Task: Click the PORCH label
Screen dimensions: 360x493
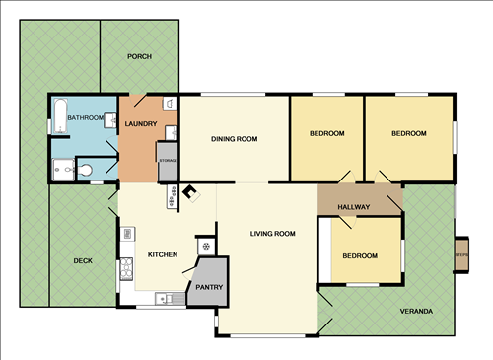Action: pyautogui.click(x=140, y=56)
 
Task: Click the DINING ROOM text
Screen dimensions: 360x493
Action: pyautogui.click(x=235, y=139)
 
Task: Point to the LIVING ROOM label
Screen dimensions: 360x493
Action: pyautogui.click(x=273, y=234)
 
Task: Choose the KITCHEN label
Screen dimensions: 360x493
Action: pyautogui.click(x=163, y=255)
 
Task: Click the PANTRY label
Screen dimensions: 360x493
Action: pyautogui.click(x=209, y=288)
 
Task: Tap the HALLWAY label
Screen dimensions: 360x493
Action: pyautogui.click(x=353, y=207)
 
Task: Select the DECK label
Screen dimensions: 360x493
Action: pyautogui.click(x=84, y=261)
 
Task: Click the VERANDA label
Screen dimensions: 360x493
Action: pyautogui.click(x=416, y=312)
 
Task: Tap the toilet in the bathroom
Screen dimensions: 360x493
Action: pyautogui.click(x=86, y=171)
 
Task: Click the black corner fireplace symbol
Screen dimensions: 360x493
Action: pyautogui.click(x=189, y=194)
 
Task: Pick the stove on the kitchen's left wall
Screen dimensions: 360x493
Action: pyautogui.click(x=125, y=266)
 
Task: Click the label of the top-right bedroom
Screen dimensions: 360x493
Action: pyautogui.click(x=408, y=133)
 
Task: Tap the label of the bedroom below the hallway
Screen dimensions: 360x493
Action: pyautogui.click(x=360, y=256)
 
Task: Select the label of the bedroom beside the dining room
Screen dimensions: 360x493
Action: pyautogui.click(x=326, y=133)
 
